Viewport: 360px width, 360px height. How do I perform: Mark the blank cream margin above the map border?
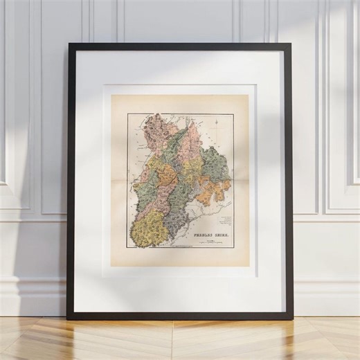(180, 104)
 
